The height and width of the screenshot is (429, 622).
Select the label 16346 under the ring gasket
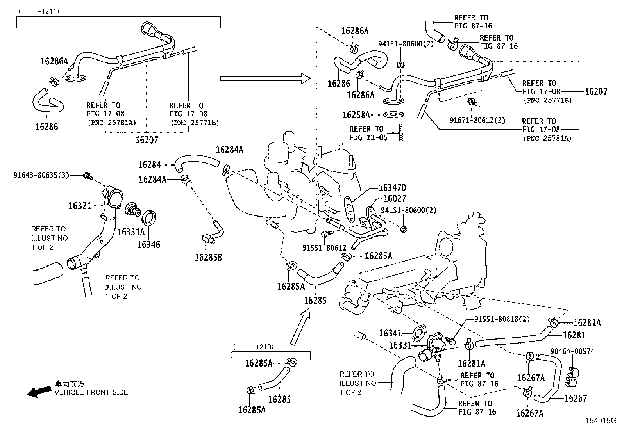click(x=148, y=245)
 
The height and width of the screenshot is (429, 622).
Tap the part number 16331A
click(x=131, y=232)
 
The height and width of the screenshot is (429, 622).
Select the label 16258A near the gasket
click(x=356, y=115)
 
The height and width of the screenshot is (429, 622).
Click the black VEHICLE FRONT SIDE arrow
click(x=39, y=391)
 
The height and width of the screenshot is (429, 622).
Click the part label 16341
click(x=390, y=333)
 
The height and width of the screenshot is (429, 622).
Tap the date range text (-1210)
click(x=254, y=347)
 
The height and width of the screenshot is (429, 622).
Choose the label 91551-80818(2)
click(x=502, y=319)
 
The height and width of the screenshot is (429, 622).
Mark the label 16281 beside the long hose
click(x=574, y=335)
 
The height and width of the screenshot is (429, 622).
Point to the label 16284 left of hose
click(x=150, y=165)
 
